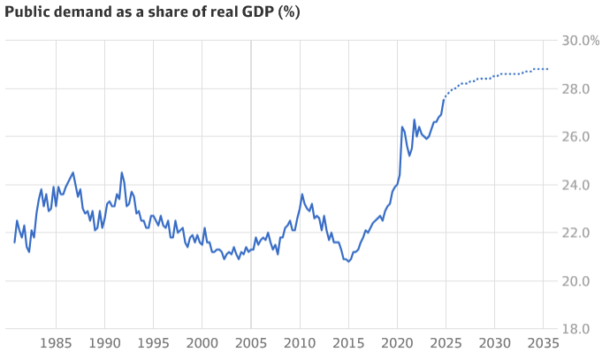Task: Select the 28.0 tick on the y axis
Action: (582, 89)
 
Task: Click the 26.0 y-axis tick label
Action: (582, 137)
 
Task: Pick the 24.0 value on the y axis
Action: (582, 185)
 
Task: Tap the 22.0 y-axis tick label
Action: (582, 233)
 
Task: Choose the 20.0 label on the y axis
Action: (582, 281)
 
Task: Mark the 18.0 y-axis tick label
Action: (582, 329)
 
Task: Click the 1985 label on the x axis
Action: (56, 343)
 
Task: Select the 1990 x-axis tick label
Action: (104, 343)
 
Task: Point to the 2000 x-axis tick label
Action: (202, 343)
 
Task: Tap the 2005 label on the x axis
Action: (251, 343)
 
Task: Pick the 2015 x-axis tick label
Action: (348, 343)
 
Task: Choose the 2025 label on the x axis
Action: (446, 343)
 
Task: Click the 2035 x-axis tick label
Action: (544, 343)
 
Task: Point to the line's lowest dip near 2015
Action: (349, 262)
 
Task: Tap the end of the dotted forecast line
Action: (548, 69)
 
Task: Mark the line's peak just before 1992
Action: (121, 172)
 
